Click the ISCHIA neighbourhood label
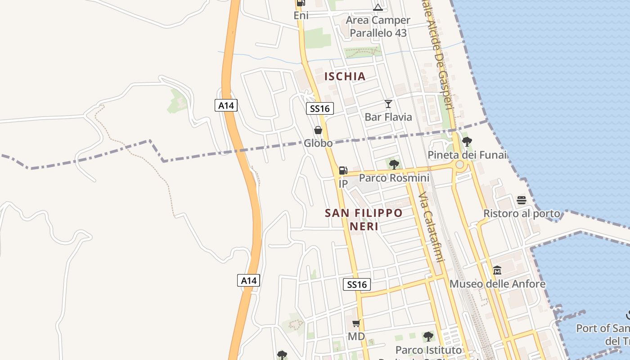point(345,76)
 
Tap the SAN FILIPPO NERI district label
point(364,219)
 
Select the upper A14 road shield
point(226,106)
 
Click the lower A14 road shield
point(248,280)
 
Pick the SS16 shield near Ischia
point(320,108)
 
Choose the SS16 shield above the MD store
point(357,284)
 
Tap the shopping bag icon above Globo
point(318,130)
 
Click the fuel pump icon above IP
point(343,170)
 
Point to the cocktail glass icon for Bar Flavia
point(388,104)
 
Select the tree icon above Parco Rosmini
point(394,164)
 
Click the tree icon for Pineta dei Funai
point(467,142)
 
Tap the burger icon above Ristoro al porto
point(522,200)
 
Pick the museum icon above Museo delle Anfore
point(497,270)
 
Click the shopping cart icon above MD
point(356,323)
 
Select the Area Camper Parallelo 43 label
point(378,27)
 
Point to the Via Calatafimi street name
point(431,227)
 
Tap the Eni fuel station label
point(301,15)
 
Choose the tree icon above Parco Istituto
point(428,336)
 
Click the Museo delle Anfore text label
point(497,284)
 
